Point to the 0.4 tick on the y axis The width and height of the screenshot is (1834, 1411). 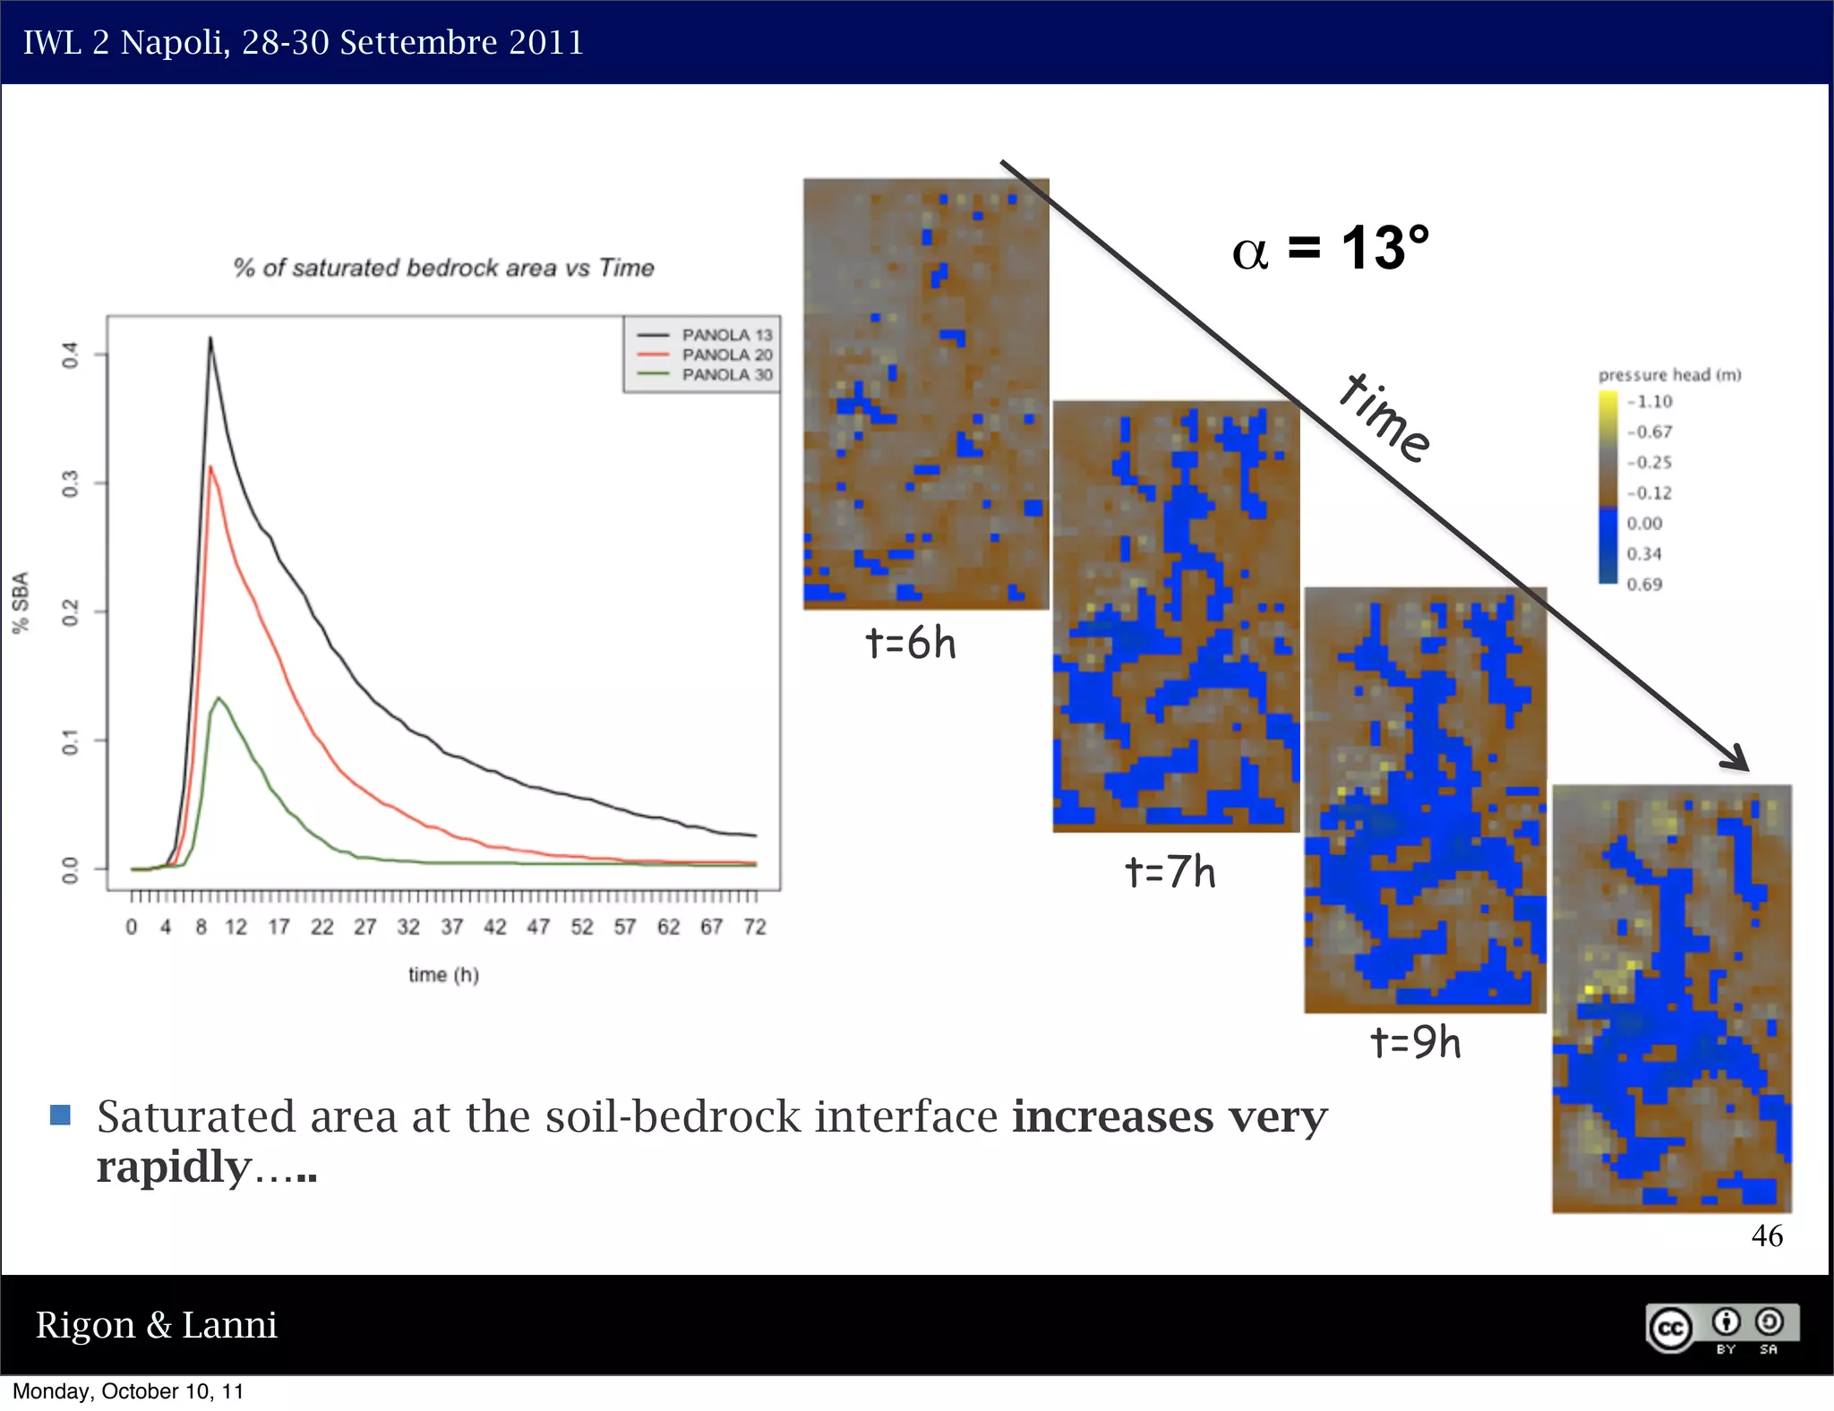(71, 355)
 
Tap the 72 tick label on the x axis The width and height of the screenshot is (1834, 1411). (755, 927)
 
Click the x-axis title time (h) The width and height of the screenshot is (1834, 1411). (443, 974)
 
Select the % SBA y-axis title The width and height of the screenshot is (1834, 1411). (21, 602)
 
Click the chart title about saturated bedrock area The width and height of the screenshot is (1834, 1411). (443, 268)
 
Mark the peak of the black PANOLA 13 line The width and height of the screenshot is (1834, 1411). (210, 338)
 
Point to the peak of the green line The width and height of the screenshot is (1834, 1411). (218, 698)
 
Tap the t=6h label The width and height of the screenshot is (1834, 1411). (910, 644)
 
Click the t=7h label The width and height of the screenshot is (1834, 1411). (1170, 871)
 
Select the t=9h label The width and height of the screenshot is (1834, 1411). (1415, 1042)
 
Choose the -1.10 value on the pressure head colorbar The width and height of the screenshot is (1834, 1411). (1650, 401)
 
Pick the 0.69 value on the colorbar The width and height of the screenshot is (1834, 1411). (1644, 585)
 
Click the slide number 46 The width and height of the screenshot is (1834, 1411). (1767, 1236)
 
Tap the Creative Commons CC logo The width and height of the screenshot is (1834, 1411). (1670, 1327)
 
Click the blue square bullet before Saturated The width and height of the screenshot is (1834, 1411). (60, 1115)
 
